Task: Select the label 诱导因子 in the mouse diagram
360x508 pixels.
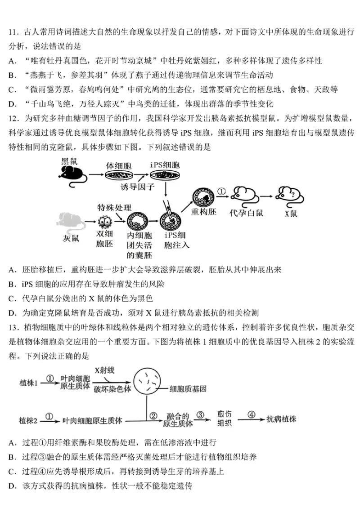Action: [x=137, y=186]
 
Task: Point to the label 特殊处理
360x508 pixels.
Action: [x=115, y=208]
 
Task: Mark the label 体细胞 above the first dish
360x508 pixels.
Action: [x=118, y=165]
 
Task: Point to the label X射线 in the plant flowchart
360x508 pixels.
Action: [x=105, y=370]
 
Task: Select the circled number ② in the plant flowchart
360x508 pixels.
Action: [x=153, y=415]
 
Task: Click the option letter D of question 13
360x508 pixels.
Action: [x=12, y=486]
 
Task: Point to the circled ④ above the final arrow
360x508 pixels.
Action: [x=251, y=414]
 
